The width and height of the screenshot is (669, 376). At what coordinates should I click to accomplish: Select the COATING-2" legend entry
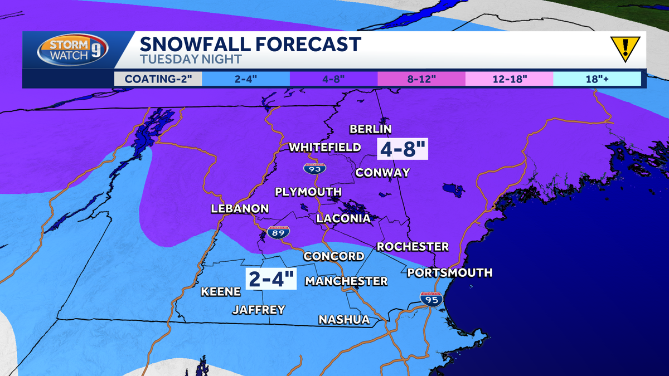(x=158, y=79)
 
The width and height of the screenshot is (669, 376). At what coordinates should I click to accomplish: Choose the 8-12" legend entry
(x=421, y=79)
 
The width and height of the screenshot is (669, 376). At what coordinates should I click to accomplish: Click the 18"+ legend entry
(x=597, y=79)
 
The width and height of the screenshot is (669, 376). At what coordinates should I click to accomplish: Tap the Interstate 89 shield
(x=278, y=233)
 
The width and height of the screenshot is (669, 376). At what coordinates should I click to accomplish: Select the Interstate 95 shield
(x=432, y=299)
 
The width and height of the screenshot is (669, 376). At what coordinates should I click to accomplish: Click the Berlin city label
(x=369, y=129)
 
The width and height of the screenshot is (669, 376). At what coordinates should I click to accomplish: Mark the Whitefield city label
(x=324, y=148)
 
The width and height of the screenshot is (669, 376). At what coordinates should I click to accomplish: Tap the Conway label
(x=382, y=173)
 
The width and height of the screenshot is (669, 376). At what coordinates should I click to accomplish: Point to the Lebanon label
(x=240, y=209)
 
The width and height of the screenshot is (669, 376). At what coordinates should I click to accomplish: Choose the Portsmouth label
(x=450, y=272)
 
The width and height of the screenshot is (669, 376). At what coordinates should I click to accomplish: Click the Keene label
(x=221, y=291)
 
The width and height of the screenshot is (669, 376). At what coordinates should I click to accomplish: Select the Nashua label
(x=344, y=320)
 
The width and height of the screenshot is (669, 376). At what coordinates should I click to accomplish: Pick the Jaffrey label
(x=259, y=310)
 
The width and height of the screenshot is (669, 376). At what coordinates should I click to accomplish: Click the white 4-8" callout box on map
(x=403, y=149)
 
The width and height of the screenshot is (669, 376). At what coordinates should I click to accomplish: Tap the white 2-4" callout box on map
(x=272, y=279)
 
